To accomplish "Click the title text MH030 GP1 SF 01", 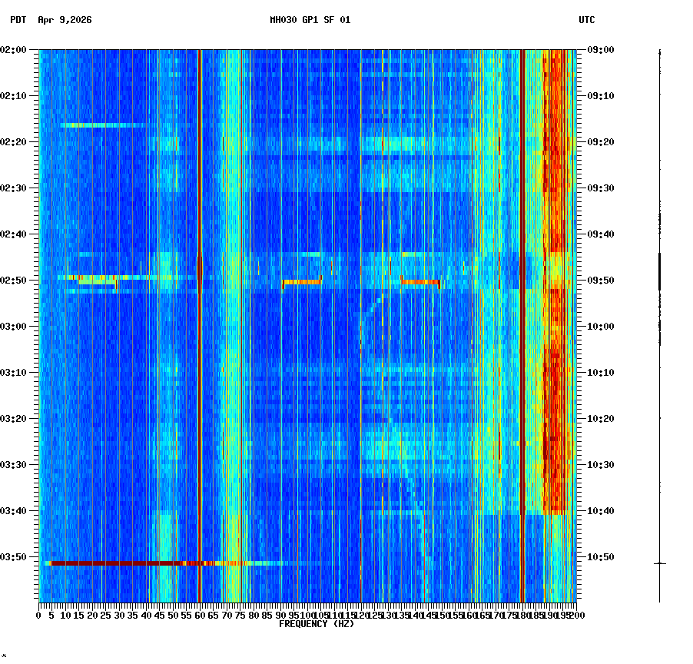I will (x=310, y=20).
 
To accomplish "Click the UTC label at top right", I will (x=586, y=20).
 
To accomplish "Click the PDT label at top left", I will (x=18, y=20).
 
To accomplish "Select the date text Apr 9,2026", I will (x=65, y=20).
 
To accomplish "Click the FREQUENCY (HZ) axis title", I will (x=317, y=624).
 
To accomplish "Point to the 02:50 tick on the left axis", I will (x=15, y=280).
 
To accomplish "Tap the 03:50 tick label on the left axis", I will (x=15, y=556).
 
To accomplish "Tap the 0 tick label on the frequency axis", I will (x=39, y=615).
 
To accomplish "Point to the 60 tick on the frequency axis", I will (x=200, y=615).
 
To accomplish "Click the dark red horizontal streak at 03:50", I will (x=115, y=563).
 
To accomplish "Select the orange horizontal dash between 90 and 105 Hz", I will (x=302, y=282).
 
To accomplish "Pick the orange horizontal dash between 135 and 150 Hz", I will (x=419, y=282).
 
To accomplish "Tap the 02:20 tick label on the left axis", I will (x=15, y=141).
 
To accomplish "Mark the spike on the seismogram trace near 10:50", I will (x=659, y=563).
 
